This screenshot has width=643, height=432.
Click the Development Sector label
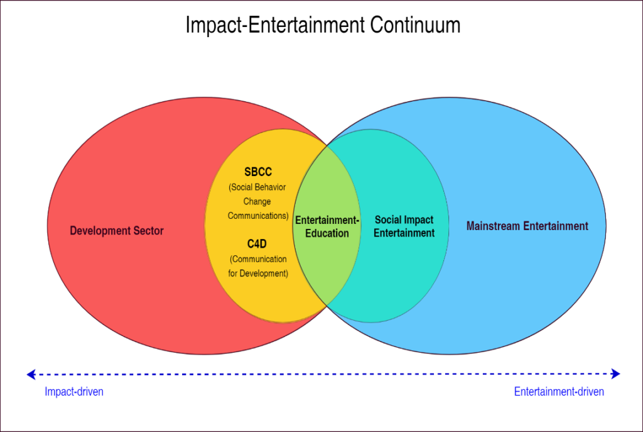point(117,231)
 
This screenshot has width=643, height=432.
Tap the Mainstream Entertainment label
point(527,226)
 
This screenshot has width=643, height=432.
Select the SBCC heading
point(258,172)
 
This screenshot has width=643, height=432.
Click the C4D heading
point(257,244)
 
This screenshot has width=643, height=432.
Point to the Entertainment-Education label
point(327,226)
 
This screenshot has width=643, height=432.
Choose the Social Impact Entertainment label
point(404,226)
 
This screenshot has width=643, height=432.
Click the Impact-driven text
point(73,392)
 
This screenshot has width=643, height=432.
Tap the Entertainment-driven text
point(559,392)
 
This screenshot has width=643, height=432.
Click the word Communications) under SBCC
point(257,216)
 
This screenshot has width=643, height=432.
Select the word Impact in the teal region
point(418,220)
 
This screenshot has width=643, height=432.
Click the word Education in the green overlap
point(327,233)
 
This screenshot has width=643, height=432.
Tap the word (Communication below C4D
point(258,259)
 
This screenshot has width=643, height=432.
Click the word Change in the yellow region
point(257,202)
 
